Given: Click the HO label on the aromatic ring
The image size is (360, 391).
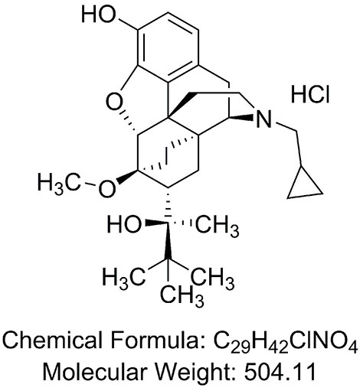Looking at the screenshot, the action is [x=98, y=15].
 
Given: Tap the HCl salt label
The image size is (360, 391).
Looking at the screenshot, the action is [x=310, y=95].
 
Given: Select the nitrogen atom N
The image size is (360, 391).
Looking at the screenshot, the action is [x=263, y=119].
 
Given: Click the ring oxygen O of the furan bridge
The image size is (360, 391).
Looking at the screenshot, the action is [x=114, y=102].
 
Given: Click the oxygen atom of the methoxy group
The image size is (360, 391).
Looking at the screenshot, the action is [x=106, y=189].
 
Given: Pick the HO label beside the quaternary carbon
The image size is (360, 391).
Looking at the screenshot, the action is [x=124, y=225].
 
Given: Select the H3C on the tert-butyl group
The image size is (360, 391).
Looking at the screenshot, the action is [x=124, y=278].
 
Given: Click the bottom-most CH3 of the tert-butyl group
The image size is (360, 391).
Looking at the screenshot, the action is [x=182, y=296].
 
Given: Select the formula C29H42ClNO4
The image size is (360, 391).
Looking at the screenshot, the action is [x=285, y=342].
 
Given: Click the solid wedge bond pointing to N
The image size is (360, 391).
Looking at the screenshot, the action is [x=241, y=118].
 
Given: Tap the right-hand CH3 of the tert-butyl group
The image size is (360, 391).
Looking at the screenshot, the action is [x=213, y=278].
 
